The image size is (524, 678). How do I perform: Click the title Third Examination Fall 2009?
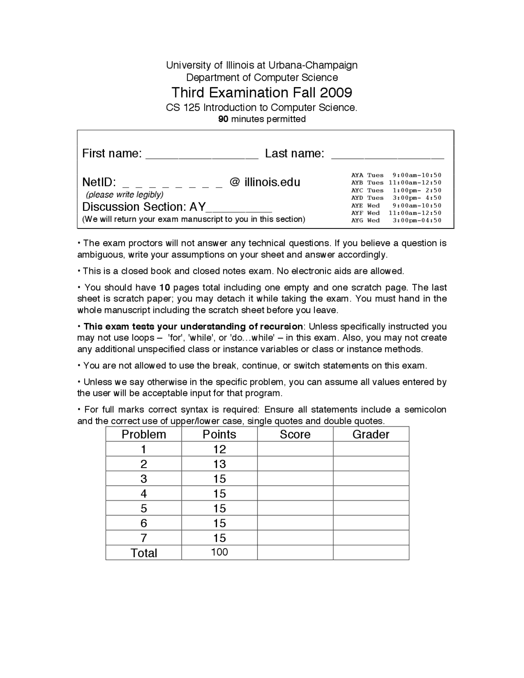click(262, 93)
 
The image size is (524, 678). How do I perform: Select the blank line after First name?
click(202, 156)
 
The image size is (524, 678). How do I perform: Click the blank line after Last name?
click(387, 156)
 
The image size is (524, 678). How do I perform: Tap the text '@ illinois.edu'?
click(265, 182)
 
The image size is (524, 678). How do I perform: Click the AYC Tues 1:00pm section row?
click(396, 190)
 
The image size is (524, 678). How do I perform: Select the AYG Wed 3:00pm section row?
click(396, 221)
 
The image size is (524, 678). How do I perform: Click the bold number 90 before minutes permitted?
click(223, 119)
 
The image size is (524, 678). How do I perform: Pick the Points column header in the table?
click(219, 434)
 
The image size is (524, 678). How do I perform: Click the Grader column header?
click(371, 434)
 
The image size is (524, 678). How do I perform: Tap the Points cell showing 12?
click(219, 449)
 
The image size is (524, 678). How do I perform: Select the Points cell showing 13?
click(219, 464)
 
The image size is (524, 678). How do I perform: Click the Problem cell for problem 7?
click(144, 538)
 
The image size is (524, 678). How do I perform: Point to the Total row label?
click(144, 553)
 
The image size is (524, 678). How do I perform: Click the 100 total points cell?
click(219, 552)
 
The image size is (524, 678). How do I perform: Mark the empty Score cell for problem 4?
click(295, 493)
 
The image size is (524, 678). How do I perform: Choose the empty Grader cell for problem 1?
click(371, 449)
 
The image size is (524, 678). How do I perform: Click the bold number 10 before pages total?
click(165, 287)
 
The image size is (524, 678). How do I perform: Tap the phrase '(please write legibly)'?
click(124, 194)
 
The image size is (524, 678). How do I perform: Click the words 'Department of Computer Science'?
click(262, 77)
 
